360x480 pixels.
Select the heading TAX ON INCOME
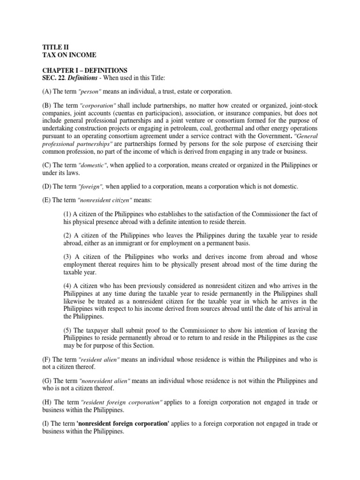[x=66, y=55]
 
